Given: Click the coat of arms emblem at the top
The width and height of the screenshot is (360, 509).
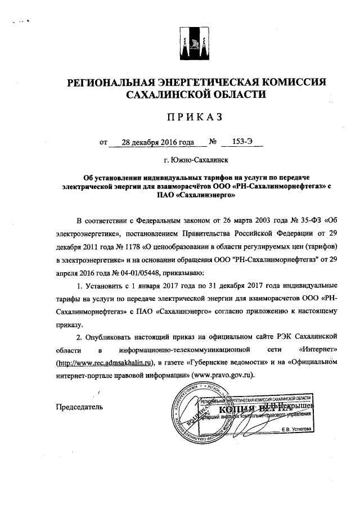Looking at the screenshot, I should click(x=196, y=47).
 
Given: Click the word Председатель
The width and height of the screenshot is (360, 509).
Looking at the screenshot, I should click(x=80, y=406).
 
